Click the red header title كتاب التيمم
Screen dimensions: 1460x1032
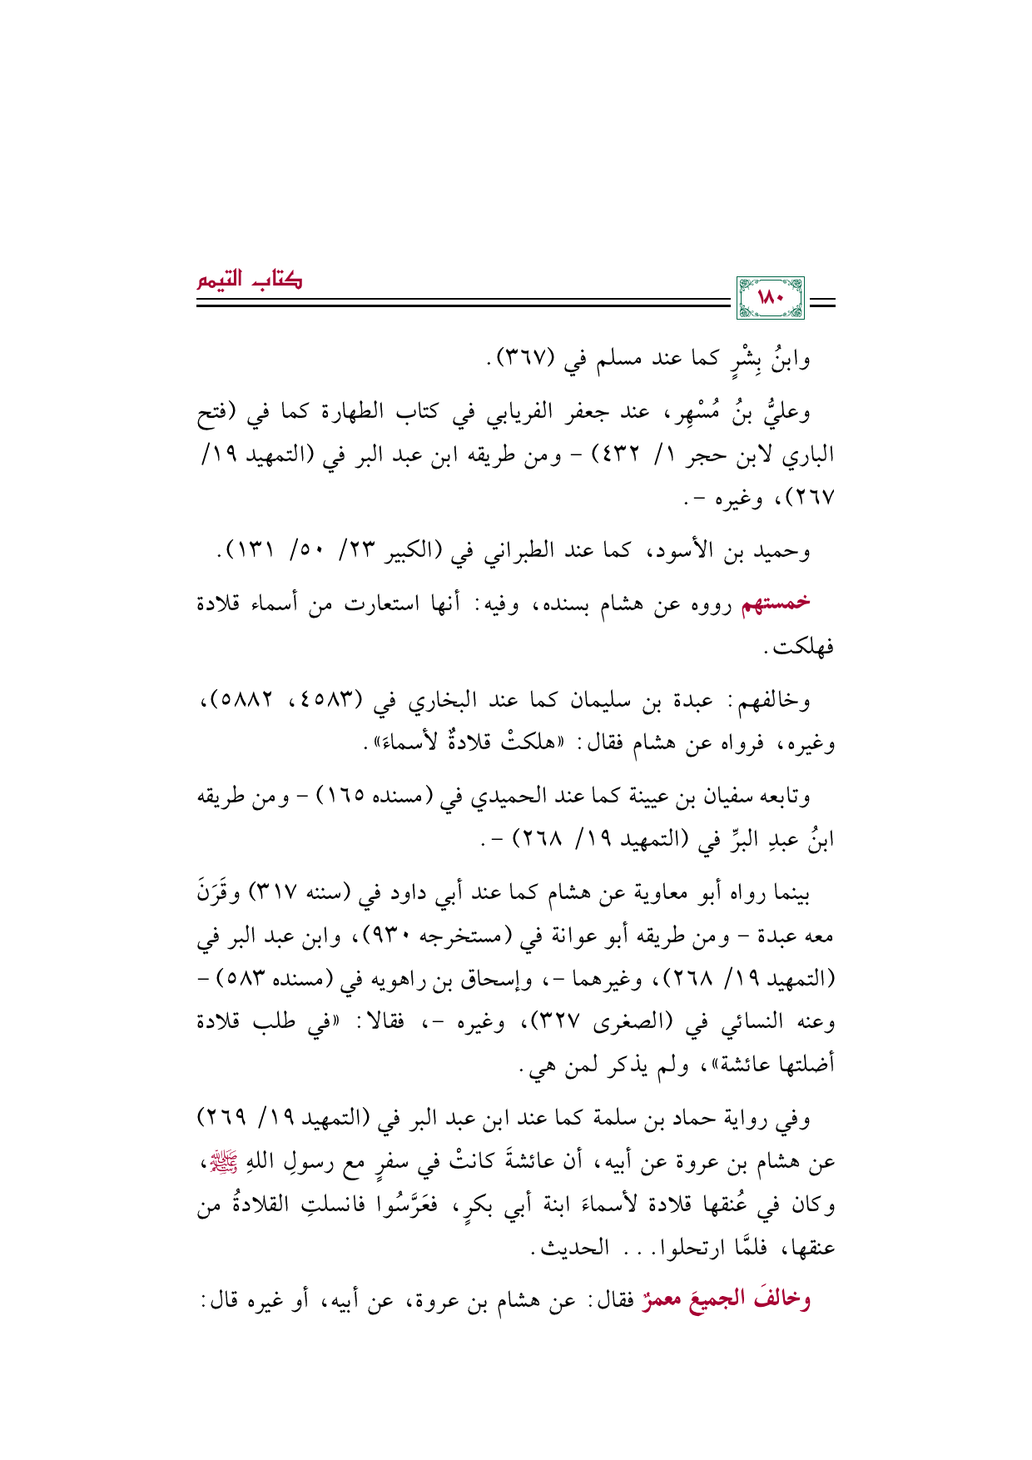pos(249,280)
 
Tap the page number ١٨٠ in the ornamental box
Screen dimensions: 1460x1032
pos(771,298)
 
